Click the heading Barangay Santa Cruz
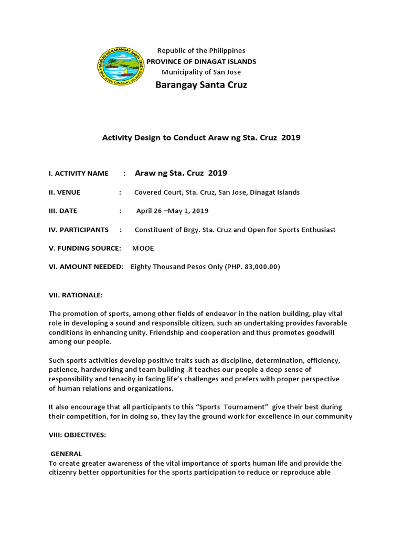pyautogui.click(x=201, y=85)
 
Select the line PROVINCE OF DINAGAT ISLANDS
pyautogui.click(x=201, y=61)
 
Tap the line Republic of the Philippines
pyautogui.click(x=201, y=51)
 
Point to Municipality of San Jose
pyautogui.click(x=201, y=72)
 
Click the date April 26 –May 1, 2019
pyautogui.click(x=172, y=211)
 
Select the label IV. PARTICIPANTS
pyautogui.click(x=78, y=230)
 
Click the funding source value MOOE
pyautogui.click(x=143, y=249)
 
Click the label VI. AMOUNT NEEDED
pyautogui.click(x=86, y=267)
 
